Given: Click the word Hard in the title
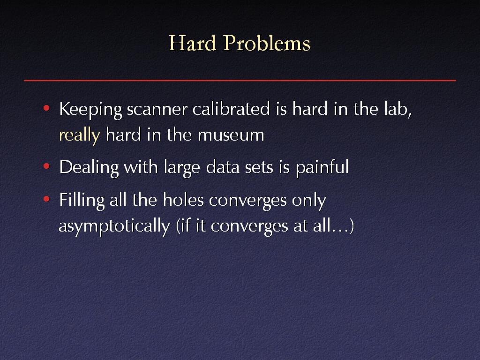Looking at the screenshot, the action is click(192, 43).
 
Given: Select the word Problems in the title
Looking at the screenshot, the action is click(267, 43).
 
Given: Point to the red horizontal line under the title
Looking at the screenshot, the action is click(240, 80).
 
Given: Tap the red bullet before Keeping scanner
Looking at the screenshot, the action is click(46, 108).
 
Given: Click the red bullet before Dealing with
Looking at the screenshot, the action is click(46, 166).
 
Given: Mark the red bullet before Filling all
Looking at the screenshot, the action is click(46, 199).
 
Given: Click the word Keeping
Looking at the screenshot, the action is click(90, 110).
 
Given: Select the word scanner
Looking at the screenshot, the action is click(157, 109).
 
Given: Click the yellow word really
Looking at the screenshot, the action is click(80, 135).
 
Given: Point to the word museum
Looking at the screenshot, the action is click(231, 135).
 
